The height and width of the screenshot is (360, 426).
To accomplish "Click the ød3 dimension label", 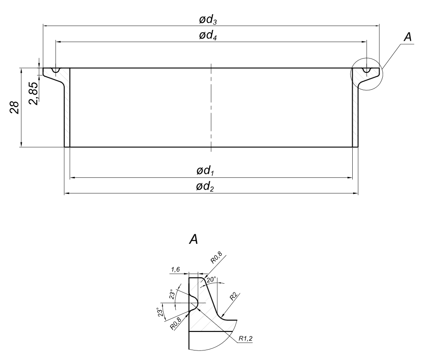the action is pyautogui.click(x=208, y=20).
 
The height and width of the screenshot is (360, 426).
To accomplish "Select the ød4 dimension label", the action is pyautogui.click(x=208, y=36).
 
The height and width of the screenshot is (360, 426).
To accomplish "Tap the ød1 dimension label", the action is pyautogui.click(x=205, y=171).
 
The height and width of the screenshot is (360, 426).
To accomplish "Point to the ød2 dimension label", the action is pyautogui.click(x=205, y=187).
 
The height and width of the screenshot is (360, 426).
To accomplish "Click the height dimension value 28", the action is pyautogui.click(x=14, y=107).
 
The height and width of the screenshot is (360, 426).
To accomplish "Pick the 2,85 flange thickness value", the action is pyautogui.click(x=34, y=93).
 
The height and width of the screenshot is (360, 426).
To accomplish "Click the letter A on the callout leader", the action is pyautogui.click(x=407, y=37).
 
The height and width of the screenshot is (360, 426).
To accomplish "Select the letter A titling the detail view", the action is pyautogui.click(x=193, y=239).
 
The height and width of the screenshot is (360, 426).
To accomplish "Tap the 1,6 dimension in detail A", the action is pyautogui.click(x=175, y=269).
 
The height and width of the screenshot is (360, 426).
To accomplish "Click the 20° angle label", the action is pyautogui.click(x=211, y=280).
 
